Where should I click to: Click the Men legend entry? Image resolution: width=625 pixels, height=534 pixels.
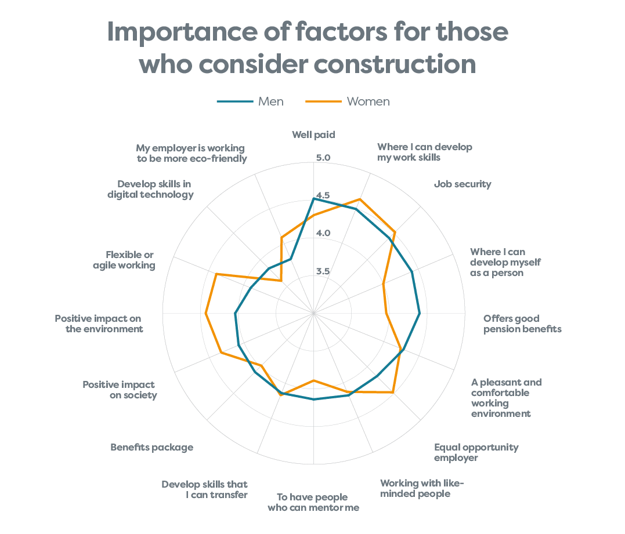click(250, 101)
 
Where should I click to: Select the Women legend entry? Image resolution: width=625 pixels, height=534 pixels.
click(348, 101)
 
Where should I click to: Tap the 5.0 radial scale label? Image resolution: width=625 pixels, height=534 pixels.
click(323, 158)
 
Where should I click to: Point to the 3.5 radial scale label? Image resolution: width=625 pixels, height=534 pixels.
click(323, 271)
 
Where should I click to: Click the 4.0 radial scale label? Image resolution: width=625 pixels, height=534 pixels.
click(323, 233)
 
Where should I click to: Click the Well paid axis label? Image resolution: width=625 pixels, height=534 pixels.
click(314, 135)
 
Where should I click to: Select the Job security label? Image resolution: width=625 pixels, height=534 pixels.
click(463, 184)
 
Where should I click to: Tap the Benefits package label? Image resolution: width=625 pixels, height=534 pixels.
click(152, 447)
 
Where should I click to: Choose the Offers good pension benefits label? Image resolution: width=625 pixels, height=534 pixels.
click(522, 324)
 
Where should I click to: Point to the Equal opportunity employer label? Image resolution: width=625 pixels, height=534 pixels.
click(476, 452)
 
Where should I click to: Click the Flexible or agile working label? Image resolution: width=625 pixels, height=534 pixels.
click(124, 260)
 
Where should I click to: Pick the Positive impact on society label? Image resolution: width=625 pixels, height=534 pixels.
click(120, 390)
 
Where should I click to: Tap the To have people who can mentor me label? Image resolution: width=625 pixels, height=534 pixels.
click(313, 502)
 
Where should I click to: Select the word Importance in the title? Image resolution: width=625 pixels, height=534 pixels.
click(183, 32)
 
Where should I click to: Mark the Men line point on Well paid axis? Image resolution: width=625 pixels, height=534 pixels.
click(314, 199)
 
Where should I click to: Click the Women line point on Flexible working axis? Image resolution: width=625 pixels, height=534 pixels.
click(216, 274)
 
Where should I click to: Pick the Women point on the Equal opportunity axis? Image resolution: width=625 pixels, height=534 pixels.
click(393, 393)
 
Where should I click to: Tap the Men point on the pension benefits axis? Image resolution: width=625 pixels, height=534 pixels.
click(420, 314)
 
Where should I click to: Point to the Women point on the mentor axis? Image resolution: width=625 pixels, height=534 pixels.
click(314, 381)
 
